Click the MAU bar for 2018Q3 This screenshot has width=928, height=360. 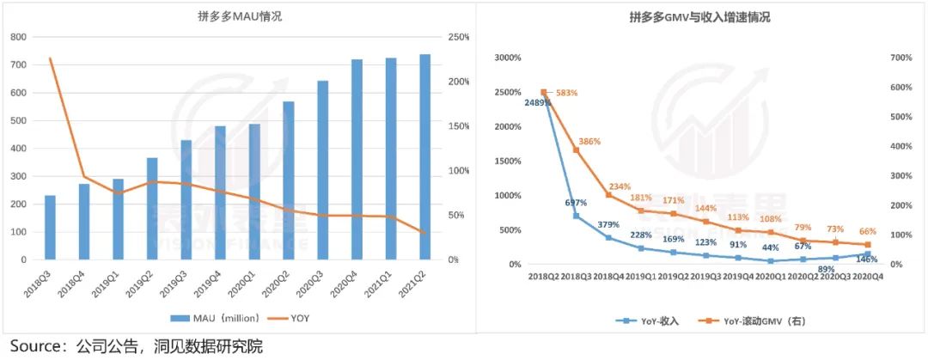tap(50, 228)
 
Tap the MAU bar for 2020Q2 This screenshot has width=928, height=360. tap(289, 180)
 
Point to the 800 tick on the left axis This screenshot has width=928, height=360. tap(18, 37)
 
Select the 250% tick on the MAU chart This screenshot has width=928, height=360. tap(459, 37)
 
